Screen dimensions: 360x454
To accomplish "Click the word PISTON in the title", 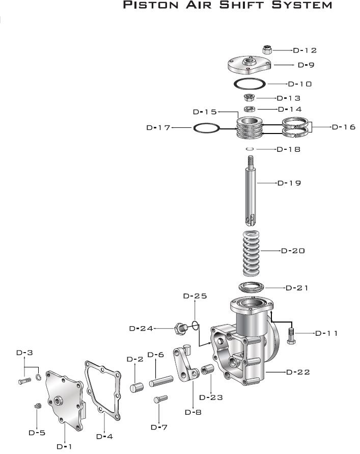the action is pos(151,5).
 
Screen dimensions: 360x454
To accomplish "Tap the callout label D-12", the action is pos(304,50).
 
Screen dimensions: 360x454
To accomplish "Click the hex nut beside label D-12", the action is pos(267,50).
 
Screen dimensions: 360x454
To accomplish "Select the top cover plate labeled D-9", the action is pos(249,65).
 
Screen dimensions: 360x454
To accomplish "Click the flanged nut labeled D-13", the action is pos(249,98).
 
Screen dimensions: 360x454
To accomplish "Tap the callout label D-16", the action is pos(344,127).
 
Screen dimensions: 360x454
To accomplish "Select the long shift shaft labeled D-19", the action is pos(251,191).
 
